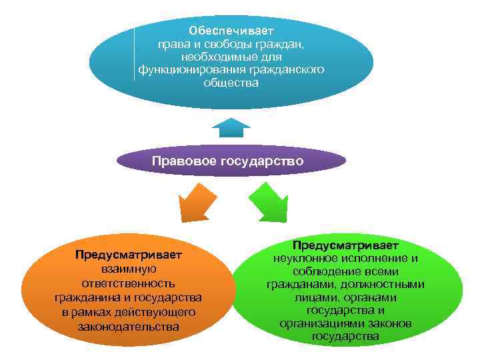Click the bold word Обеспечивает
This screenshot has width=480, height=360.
tap(231, 31)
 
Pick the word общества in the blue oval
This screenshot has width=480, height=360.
tap(231, 83)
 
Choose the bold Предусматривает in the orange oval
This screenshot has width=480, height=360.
tap(128, 255)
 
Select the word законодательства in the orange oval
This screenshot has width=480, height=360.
tap(128, 327)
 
